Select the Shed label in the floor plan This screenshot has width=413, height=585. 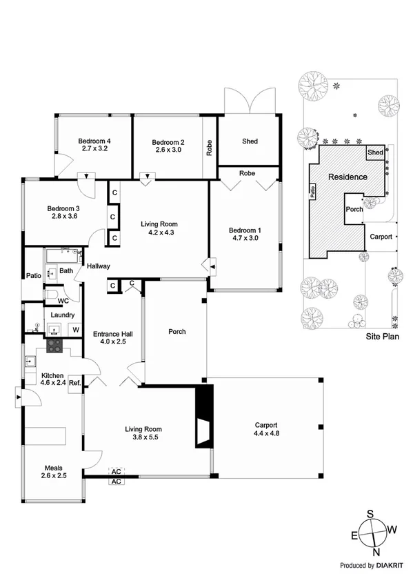[250, 141]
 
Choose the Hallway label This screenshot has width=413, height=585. [99, 266]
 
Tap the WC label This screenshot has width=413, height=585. [63, 301]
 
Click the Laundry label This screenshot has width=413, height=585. [63, 315]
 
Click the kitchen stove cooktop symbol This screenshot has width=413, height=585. [54, 345]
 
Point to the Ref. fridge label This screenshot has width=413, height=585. [75, 382]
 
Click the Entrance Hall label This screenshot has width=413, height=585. [112, 334]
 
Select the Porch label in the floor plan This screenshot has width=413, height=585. [177, 332]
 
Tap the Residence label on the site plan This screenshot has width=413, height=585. [347, 177]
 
